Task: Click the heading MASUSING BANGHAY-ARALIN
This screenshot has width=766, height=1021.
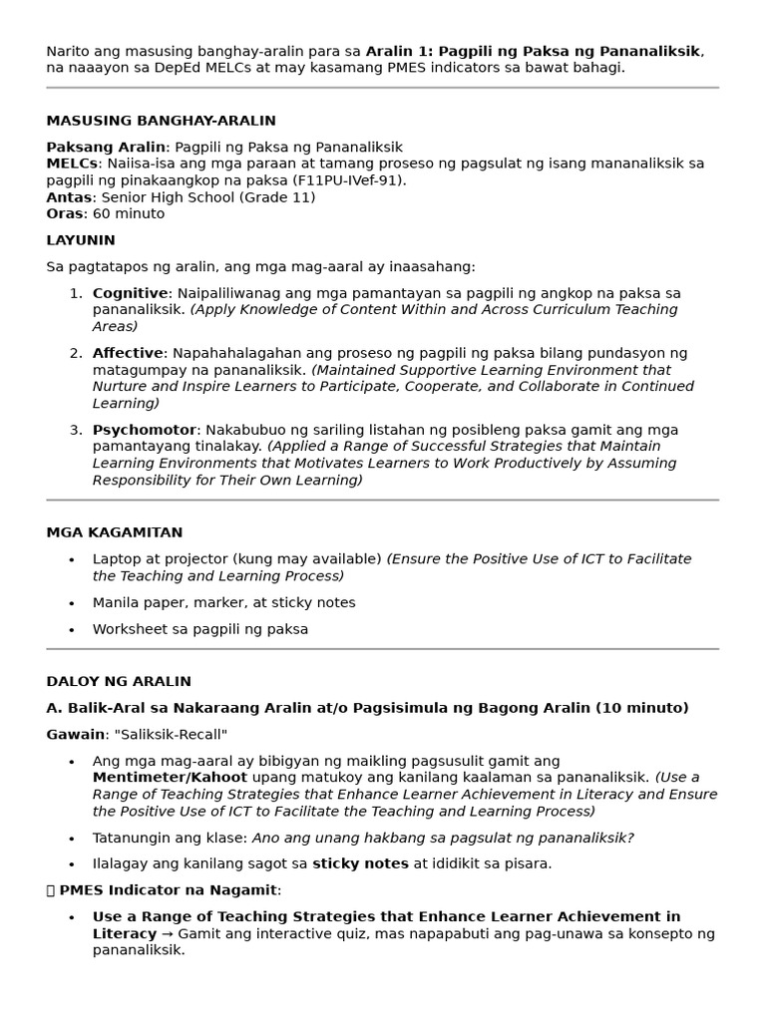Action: coord(161,121)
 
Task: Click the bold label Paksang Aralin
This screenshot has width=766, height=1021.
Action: coord(106,147)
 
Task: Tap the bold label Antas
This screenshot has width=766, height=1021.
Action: coord(68,197)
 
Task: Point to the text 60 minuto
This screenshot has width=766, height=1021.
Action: coord(129,213)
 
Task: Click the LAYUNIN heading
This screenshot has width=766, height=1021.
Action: coord(81,240)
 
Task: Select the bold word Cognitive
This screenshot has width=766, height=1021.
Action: coord(130,293)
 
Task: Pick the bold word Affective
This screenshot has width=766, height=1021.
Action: coord(128,353)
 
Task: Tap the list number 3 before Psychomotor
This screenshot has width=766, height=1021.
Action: coord(75,430)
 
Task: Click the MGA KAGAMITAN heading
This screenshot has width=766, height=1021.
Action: coord(115,532)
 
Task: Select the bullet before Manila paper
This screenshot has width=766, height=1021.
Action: coord(71,603)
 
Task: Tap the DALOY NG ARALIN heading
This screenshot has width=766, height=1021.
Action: coord(119,682)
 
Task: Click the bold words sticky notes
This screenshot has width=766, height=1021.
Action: coord(360,863)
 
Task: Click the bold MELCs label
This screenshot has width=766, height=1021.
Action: coord(72,164)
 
